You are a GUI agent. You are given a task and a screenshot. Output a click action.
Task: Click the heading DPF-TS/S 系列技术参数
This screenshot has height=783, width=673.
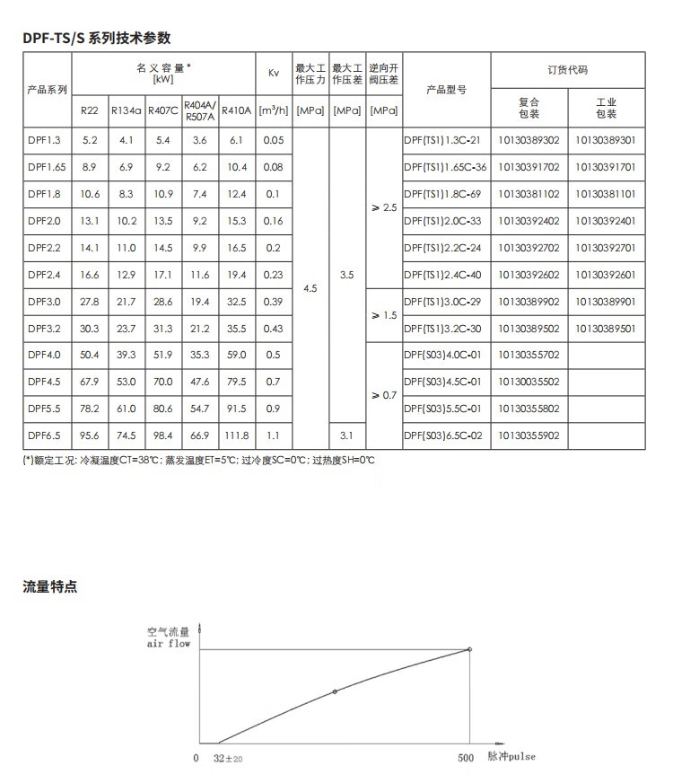tap(97, 38)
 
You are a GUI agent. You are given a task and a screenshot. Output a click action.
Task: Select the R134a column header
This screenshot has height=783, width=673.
tap(127, 111)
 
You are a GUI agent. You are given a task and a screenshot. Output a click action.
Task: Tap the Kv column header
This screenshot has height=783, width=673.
tap(274, 73)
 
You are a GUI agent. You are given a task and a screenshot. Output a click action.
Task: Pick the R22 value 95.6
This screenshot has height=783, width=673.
tap(90, 435)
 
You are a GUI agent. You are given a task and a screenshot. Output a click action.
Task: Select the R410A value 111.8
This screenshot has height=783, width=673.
tap(237, 435)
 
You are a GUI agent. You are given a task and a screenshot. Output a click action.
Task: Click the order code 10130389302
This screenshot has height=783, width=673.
tap(529, 140)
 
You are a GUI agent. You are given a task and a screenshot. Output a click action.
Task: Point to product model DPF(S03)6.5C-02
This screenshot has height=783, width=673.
tap(442, 435)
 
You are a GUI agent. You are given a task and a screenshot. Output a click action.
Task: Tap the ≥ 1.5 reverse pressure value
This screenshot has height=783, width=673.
tap(383, 315)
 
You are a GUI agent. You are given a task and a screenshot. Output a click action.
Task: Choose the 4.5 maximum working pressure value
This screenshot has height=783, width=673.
tap(310, 288)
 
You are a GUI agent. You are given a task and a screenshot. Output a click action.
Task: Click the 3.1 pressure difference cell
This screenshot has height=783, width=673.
tap(346, 435)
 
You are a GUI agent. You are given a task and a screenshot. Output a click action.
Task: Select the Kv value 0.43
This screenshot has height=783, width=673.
tap(274, 329)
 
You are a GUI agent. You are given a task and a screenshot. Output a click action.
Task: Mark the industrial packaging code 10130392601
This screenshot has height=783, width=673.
tap(606, 275)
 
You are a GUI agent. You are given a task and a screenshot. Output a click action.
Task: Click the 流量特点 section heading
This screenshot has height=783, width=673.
tap(50, 587)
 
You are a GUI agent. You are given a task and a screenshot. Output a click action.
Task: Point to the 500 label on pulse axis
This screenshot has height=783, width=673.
tap(465, 758)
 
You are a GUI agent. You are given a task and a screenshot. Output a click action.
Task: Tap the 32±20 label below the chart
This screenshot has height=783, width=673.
tap(230, 758)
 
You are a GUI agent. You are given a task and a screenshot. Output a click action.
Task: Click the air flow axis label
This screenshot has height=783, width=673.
tap(169, 644)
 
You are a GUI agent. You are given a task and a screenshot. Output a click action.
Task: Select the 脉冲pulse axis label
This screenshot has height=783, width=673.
tap(511, 757)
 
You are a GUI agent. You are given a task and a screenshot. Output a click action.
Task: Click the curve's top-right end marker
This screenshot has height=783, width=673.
tap(469, 649)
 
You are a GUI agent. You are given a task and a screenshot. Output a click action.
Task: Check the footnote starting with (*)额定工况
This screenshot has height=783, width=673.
tap(198, 460)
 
